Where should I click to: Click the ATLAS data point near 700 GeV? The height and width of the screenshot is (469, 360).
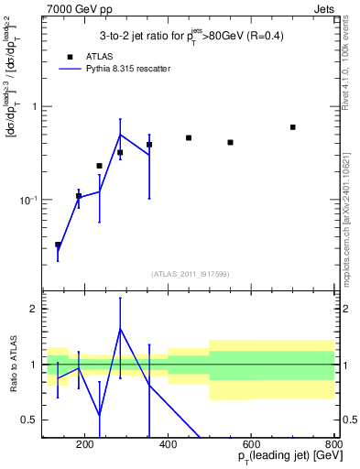coord(293,127)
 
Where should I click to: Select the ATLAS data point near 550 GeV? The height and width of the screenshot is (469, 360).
coord(231,142)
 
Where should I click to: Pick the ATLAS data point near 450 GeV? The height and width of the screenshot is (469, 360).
coord(189,137)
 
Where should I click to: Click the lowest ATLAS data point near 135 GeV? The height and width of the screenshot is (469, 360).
coord(58,245)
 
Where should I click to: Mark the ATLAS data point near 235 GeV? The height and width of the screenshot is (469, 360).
coord(100,166)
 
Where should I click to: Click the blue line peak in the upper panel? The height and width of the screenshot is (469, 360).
coord(120,135)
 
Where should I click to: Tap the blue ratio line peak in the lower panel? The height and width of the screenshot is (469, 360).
coord(120,328)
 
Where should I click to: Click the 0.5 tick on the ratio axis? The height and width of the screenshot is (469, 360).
coord(29,420)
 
